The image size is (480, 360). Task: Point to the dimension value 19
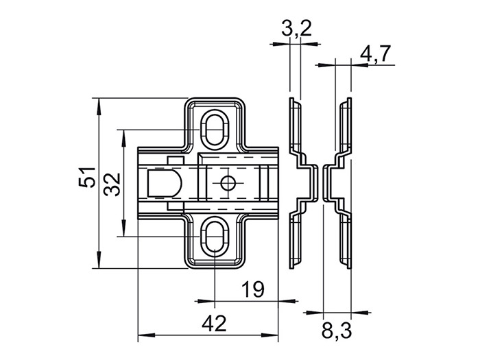[x=253, y=289]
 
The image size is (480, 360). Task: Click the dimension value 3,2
[x=296, y=28]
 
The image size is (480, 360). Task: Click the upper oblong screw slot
[x=214, y=129]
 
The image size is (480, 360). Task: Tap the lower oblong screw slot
[x=214, y=237]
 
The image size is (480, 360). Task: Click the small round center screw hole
[x=227, y=183]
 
